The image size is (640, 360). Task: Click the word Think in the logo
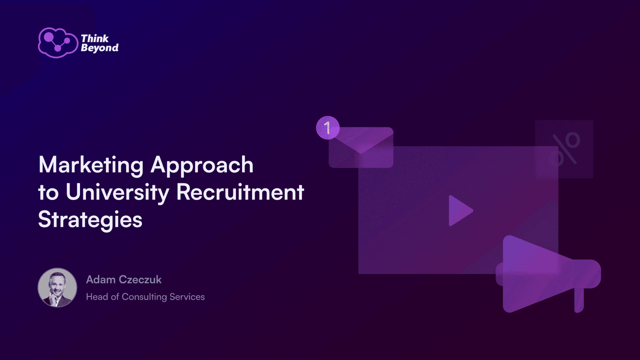(94, 38)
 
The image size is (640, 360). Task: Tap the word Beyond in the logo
(100, 48)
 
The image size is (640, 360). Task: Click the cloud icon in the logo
(58, 43)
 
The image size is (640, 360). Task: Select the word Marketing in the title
(91, 166)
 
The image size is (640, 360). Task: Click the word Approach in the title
(202, 166)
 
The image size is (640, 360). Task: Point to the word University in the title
(118, 192)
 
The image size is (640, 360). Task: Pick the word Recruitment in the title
(240, 192)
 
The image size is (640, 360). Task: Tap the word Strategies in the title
(90, 220)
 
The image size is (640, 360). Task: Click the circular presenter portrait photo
(58, 288)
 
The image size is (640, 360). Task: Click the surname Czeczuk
(140, 280)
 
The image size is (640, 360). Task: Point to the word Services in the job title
(187, 297)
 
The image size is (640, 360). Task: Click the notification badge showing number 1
(328, 128)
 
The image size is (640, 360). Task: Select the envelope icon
(361, 148)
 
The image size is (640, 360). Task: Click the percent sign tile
(564, 149)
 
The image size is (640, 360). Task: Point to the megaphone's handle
(579, 300)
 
